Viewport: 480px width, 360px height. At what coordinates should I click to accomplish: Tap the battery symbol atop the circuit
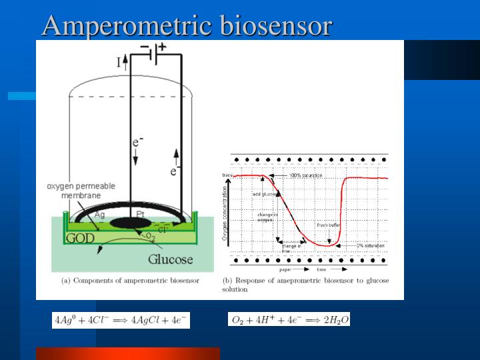[154, 54]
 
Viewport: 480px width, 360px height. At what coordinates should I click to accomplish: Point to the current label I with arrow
[121, 63]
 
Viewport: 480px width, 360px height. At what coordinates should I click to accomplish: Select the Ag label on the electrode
[99, 215]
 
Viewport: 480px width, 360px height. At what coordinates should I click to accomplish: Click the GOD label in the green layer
[80, 238]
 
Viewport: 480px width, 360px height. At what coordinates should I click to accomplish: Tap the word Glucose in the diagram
[170, 259]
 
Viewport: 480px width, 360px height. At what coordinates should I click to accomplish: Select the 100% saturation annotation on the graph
[305, 175]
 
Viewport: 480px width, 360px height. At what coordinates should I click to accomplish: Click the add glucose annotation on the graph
[264, 194]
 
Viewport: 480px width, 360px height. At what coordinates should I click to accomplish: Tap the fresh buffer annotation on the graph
[329, 225]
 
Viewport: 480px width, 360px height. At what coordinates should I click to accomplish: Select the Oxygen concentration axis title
[225, 213]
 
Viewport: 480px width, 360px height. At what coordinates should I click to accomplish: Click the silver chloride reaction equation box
[121, 321]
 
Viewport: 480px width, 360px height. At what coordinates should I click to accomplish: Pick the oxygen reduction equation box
[289, 320]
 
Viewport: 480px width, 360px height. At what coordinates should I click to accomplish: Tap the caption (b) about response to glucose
[305, 285]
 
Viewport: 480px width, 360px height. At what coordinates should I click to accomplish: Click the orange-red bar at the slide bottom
[127, 353]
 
